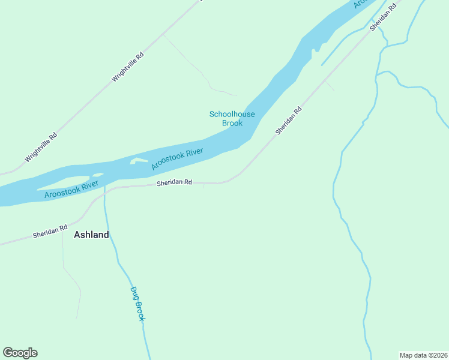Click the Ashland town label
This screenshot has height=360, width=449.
[91, 235]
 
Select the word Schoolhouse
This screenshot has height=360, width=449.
[232, 114]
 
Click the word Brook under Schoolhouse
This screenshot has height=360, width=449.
[232, 123]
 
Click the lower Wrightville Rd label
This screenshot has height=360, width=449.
[41, 148]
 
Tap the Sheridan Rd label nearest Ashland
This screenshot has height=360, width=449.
[50, 231]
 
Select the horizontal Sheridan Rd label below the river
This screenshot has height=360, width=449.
[174, 182]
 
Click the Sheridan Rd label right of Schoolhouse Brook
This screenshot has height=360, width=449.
[288, 121]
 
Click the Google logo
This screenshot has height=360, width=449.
[20, 353]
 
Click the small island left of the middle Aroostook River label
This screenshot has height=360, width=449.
[139, 161]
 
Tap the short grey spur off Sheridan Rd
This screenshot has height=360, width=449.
[330, 86]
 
